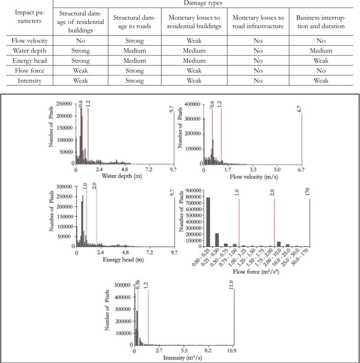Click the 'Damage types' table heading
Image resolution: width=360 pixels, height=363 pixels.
[203, 3]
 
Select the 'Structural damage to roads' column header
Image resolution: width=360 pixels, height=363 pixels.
[134, 22]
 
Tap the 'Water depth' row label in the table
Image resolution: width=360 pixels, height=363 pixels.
[30, 50]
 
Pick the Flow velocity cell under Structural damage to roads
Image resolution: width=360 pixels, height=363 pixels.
[134, 40]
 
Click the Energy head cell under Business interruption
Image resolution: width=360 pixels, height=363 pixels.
[321, 61]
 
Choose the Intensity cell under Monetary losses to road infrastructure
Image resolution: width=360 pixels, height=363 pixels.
[258, 80]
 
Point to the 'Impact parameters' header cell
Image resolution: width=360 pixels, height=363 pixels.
[30, 16]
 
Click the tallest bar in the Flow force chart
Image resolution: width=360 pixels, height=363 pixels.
[208, 222]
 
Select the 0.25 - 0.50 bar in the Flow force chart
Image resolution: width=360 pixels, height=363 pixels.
[217, 240]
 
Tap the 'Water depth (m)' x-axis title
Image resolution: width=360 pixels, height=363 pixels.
[122, 176]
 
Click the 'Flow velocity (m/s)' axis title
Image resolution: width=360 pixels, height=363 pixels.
[254, 177]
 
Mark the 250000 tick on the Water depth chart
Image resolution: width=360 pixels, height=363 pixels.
[64, 104]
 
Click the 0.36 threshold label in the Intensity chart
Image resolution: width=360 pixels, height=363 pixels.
[137, 284]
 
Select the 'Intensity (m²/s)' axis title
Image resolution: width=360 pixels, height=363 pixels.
[182, 358]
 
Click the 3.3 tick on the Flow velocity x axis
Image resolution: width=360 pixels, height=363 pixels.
[253, 170]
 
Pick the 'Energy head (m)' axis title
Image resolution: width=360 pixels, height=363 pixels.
[123, 260]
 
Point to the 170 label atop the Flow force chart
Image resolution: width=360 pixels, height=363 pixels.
[307, 192]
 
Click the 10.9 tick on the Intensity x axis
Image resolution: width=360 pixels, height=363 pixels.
[231, 350]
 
